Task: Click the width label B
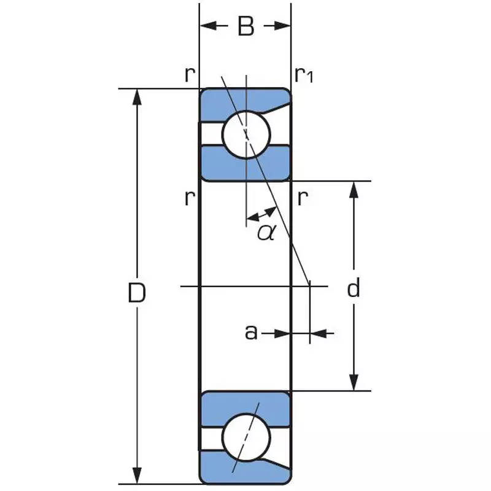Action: pyautogui.click(x=245, y=26)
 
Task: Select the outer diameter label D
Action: pyautogui.click(x=137, y=293)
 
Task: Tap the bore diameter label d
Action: pyautogui.click(x=353, y=288)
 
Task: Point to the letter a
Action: pyautogui.click(x=250, y=332)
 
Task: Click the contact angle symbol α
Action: pyautogui.click(x=265, y=232)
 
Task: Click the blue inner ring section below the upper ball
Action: pyautogui.click(x=245, y=164)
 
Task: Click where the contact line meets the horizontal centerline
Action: pyautogui.click(x=308, y=286)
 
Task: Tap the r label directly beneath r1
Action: pyautogui.click(x=302, y=198)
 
